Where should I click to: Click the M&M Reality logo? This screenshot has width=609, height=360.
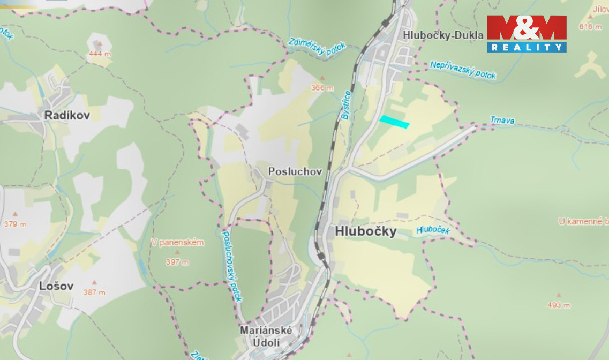(x=527, y=33)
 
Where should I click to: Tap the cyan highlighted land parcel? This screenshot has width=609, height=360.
(x=394, y=122)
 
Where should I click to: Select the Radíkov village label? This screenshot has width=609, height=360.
(x=67, y=115)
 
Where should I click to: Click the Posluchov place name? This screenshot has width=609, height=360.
(x=295, y=172)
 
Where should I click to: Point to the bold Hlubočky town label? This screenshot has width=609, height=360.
(x=366, y=231)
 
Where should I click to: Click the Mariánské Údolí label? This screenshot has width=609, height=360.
(x=266, y=336)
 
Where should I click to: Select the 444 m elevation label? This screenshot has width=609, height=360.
(x=100, y=54)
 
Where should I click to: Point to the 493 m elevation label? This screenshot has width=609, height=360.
(x=558, y=305)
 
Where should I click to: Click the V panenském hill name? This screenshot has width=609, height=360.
(x=177, y=243)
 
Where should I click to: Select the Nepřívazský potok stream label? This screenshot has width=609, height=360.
(x=463, y=70)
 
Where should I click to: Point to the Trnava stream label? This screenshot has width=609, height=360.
(x=502, y=121)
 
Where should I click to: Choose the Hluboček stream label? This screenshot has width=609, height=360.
(x=433, y=230)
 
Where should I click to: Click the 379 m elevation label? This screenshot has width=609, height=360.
(x=14, y=224)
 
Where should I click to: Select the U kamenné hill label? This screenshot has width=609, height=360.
(x=583, y=221)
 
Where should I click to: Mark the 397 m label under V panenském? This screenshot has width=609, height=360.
(x=177, y=262)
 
